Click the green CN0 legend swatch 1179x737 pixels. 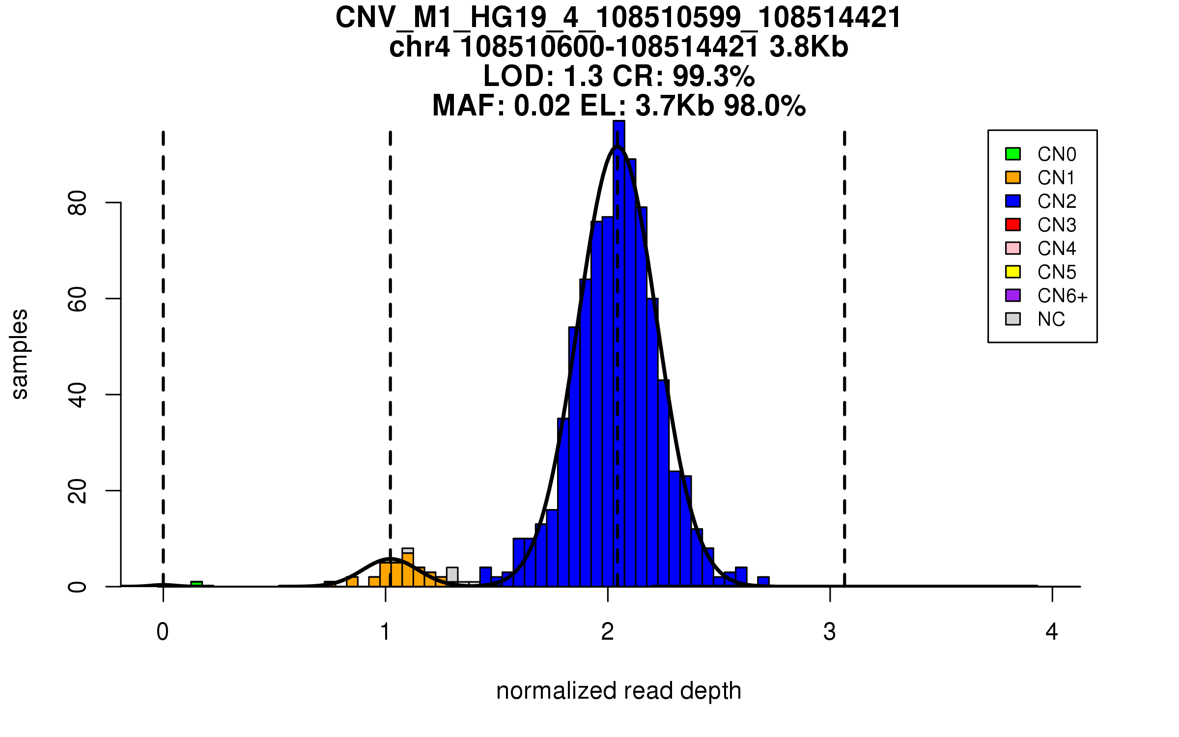click(1012, 154)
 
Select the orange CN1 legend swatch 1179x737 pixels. click(1012, 177)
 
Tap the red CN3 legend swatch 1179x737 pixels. click(1012, 225)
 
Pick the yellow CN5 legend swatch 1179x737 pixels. click(1012, 272)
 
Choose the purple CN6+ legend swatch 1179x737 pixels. click(1012, 295)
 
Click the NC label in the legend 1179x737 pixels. click(1051, 319)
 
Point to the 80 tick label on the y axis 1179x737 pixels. click(78, 202)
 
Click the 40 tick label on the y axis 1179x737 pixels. click(78, 395)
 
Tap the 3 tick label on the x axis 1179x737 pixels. click(830, 632)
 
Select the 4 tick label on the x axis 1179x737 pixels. click(1052, 632)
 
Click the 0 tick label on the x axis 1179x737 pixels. click(163, 632)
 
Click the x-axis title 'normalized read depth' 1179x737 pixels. click(618, 691)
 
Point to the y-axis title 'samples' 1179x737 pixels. click(20, 354)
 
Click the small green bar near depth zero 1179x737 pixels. click(196, 584)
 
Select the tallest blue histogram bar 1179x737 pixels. click(619, 354)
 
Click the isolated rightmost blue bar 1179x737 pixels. click(763, 582)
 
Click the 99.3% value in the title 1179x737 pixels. click(713, 76)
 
